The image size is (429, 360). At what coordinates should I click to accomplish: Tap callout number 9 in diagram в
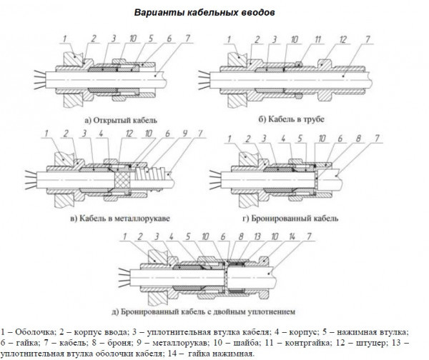pos(183,134)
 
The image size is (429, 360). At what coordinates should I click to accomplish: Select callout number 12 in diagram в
pos(128,134)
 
